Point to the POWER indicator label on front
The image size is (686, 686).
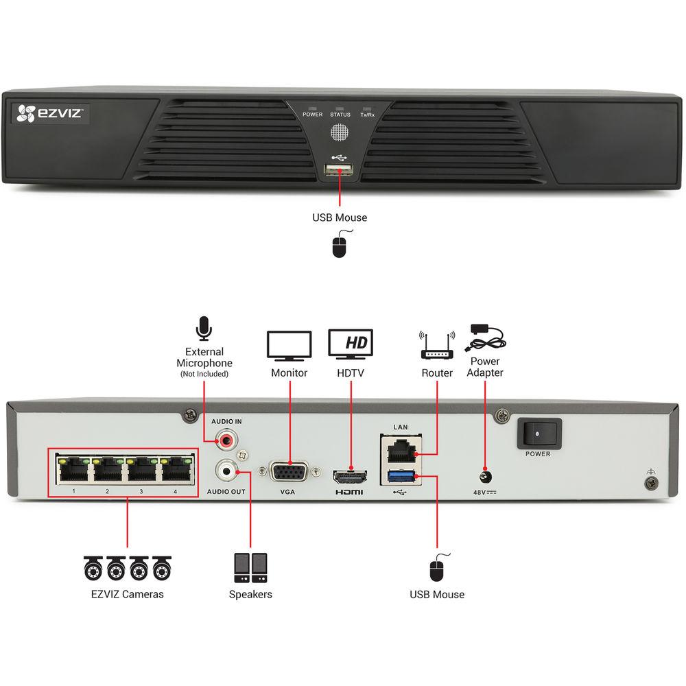312,115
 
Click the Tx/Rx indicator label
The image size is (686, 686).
368,115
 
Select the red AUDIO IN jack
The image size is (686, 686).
225,437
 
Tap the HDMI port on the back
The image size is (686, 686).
350,475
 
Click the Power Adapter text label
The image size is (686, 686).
486,366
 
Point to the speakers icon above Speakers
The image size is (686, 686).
250,567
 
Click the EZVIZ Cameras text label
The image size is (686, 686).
128,594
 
